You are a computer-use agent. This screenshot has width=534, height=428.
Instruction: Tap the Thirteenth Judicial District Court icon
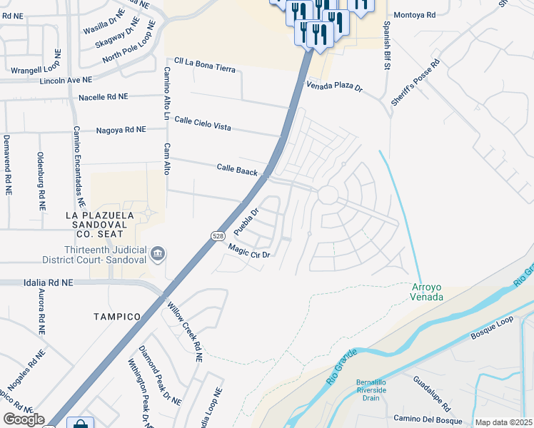158,253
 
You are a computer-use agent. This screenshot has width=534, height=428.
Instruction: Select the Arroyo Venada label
428,291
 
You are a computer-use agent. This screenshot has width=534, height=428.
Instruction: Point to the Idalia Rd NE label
36,283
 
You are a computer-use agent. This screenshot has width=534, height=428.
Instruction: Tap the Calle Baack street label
237,169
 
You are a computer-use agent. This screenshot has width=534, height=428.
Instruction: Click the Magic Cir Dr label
248,251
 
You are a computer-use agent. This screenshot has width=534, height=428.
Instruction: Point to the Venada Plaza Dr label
335,87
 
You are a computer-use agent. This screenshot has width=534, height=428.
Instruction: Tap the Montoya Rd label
413,14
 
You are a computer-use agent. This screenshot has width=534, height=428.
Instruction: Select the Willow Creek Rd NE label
185,332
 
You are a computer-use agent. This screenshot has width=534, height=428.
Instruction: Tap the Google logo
24,419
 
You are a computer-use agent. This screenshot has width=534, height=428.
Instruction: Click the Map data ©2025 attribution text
503,422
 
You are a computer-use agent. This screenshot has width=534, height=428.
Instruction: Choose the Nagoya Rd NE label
121,130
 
